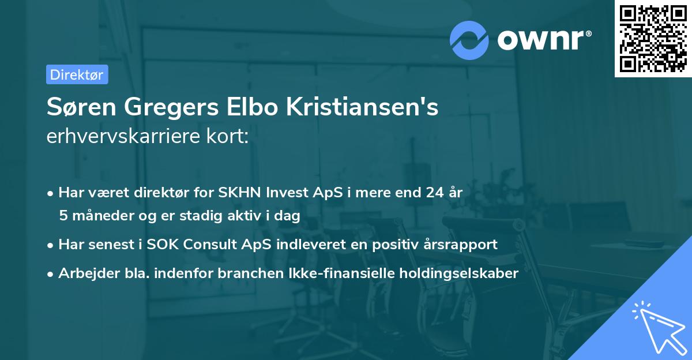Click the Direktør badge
[x=77, y=74]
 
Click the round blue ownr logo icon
[x=470, y=40]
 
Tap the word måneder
[x=95, y=216]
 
